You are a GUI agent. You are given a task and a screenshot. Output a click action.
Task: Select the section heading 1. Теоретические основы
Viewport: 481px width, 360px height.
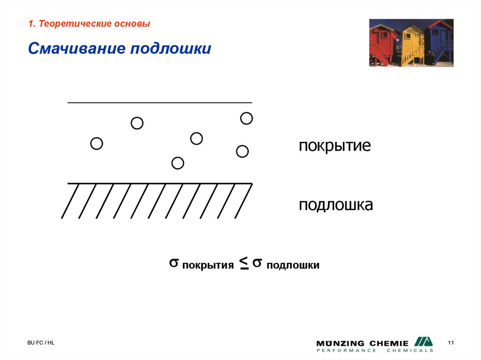click(89, 24)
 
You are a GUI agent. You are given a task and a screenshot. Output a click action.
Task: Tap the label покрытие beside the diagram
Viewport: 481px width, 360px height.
click(335, 146)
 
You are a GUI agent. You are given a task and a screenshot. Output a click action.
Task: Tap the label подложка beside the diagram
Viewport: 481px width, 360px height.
click(336, 205)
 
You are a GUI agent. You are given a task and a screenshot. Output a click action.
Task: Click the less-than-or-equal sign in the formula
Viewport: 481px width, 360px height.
click(244, 264)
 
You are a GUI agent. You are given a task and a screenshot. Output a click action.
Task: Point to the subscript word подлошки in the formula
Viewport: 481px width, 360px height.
click(293, 266)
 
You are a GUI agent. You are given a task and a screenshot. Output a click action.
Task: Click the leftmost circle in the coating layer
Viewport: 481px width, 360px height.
click(96, 144)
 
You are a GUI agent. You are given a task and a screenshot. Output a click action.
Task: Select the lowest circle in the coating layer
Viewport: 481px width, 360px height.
click(178, 163)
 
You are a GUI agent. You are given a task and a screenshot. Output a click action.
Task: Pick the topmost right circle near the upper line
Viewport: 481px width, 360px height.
click(247, 118)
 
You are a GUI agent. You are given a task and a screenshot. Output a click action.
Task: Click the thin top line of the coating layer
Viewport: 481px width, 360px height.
click(160, 102)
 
